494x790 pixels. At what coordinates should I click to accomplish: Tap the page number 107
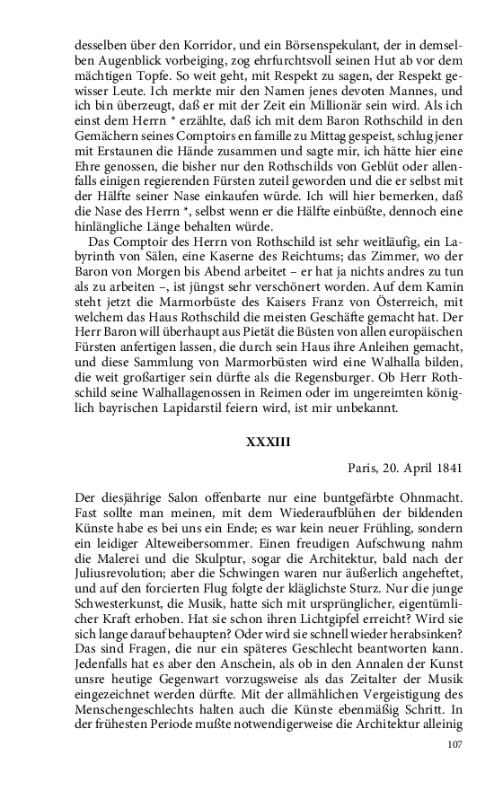click(x=456, y=744)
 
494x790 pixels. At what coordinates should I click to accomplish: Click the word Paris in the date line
click(x=363, y=468)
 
